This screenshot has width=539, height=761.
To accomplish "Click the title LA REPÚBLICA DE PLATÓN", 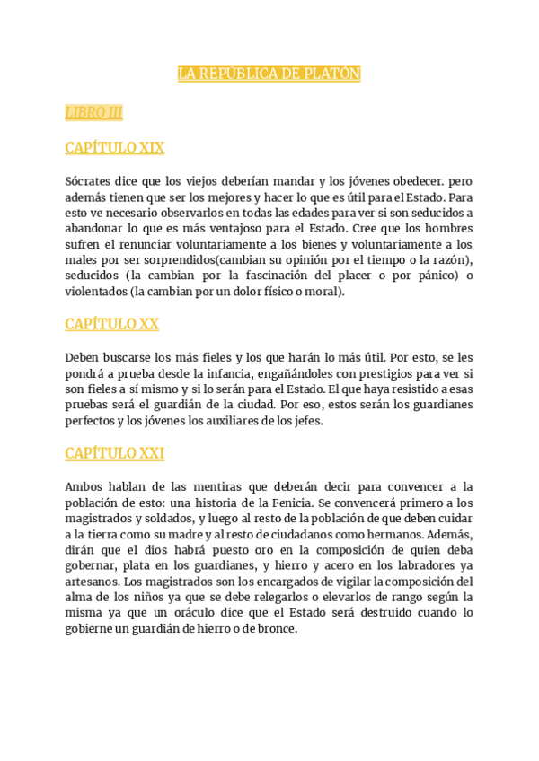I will (x=269, y=74).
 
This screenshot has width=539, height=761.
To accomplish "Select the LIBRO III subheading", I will (x=93, y=112).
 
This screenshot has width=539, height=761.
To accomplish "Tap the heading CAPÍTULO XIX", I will (x=114, y=148).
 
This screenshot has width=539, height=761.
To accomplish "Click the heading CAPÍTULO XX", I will (x=111, y=324).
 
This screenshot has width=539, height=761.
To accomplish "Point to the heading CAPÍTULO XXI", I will (x=114, y=453).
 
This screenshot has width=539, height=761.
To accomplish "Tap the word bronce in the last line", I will (x=275, y=630).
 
